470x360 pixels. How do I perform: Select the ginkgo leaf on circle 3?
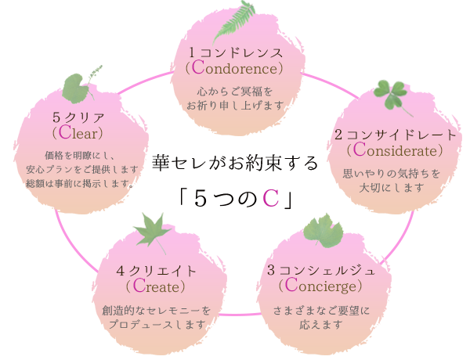click(x=321, y=232)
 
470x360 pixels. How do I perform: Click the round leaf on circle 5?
click(x=74, y=89)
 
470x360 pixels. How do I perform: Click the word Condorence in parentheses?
click(x=234, y=67)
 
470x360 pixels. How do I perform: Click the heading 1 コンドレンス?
click(x=234, y=51)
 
